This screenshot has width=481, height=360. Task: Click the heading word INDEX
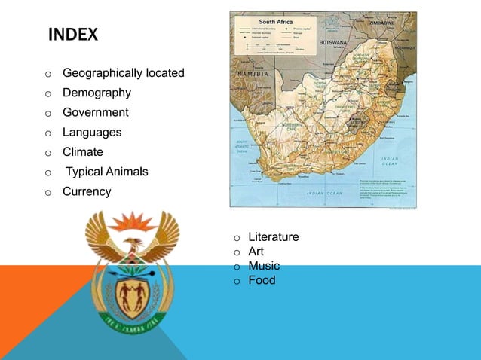pyautogui.click(x=72, y=35)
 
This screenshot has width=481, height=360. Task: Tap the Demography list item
pyautogui.click(x=97, y=93)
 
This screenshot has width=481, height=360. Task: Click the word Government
pyautogui.click(x=95, y=112)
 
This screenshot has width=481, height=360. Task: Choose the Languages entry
pyautogui.click(x=92, y=132)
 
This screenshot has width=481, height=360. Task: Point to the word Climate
pyautogui.click(x=82, y=151)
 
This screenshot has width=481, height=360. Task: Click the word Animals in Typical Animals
pyautogui.click(x=127, y=172)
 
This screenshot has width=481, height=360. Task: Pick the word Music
pyautogui.click(x=264, y=266)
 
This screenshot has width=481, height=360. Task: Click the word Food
pyautogui.click(x=262, y=280)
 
